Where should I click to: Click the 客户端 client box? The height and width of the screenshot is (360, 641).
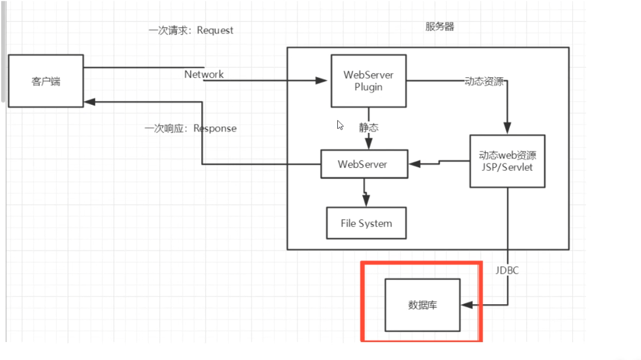pos(46,81)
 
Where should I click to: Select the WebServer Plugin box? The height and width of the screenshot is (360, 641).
pos(368,81)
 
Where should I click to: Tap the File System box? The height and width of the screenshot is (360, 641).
pos(366,223)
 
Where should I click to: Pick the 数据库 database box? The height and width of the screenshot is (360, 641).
pos(422,305)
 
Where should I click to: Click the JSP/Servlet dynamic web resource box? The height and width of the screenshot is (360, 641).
pos(507,161)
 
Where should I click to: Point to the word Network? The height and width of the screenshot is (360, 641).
pos(204,74)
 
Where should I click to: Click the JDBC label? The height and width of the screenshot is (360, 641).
pos(507,270)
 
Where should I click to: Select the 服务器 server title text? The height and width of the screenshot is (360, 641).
pos(440,27)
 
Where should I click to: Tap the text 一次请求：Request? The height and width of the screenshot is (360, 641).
pos(191,30)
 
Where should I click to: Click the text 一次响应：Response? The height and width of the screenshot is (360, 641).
pos(191,128)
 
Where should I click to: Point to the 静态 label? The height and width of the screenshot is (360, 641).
pos(368,128)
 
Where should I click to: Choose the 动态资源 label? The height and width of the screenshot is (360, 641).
pos(484,81)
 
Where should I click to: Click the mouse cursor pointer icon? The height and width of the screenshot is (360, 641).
pos(340,125)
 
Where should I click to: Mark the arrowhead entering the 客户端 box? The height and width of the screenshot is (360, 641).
pos(89,102)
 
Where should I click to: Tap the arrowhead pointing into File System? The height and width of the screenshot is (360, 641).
pos(366,202)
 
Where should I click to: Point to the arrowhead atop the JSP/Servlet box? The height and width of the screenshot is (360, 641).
pos(507,129)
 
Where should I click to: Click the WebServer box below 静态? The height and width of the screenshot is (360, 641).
pos(364,164)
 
